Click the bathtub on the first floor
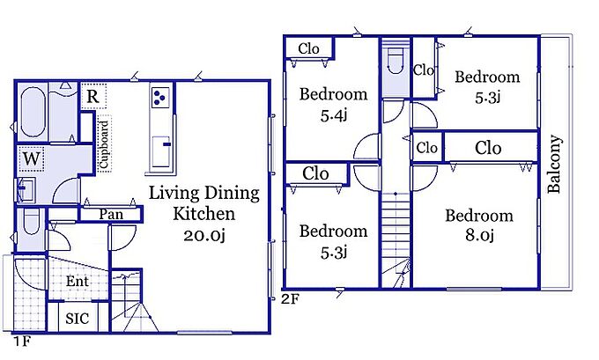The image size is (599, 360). point(33,113)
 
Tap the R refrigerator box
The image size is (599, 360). point(92,96)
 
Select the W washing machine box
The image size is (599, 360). point(31,158)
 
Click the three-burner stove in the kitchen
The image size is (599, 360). point(160,97)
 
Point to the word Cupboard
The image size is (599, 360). point(104,144)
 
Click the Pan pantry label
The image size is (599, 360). point(111,214)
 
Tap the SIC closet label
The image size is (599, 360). point(78,318)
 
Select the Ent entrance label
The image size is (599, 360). point(78,281)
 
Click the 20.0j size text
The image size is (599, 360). point(204,235)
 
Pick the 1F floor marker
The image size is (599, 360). point(22,341)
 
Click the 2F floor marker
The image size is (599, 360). point(291,299)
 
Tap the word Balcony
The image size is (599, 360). point(555,164)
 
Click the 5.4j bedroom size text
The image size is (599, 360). point(334,114)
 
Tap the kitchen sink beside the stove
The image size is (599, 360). point(161,151)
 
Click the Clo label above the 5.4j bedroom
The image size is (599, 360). point(308,49)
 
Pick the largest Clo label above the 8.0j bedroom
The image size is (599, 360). point(488,148)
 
